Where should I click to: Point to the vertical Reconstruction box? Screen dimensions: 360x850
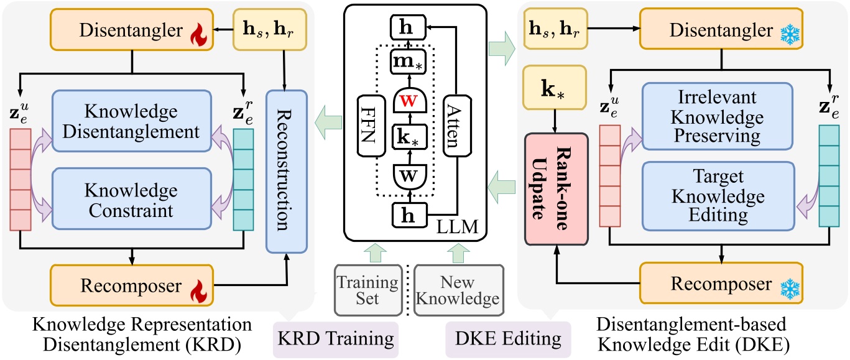287,171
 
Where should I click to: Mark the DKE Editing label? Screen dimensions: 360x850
509,339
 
